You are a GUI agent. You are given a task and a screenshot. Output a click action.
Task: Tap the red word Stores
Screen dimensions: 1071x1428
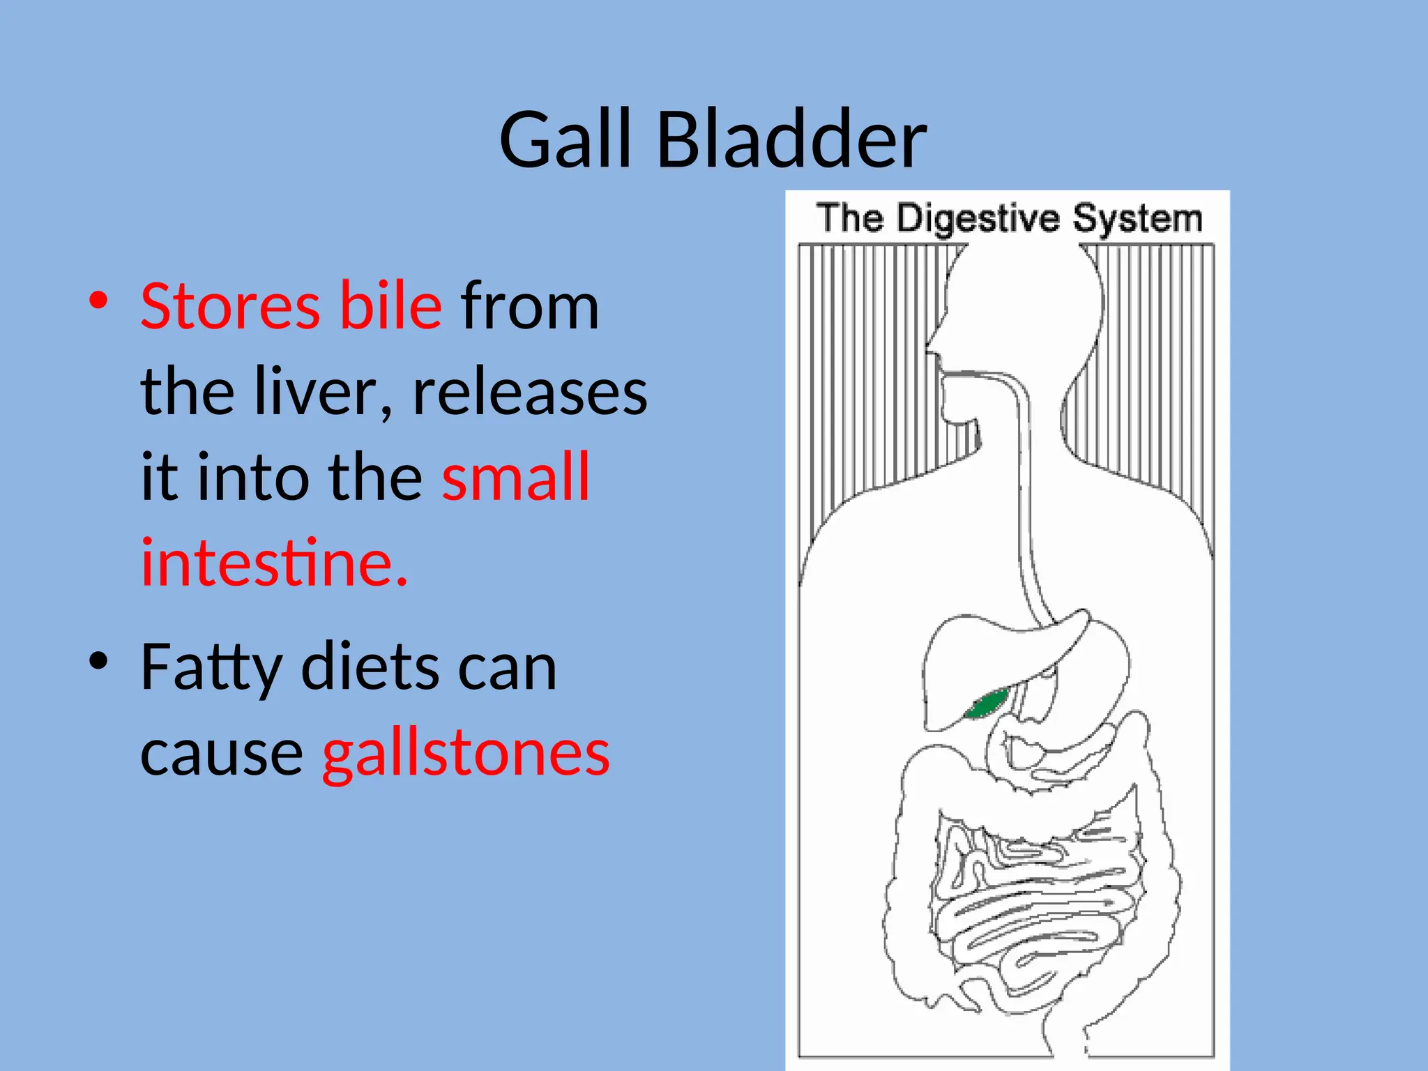click(230, 307)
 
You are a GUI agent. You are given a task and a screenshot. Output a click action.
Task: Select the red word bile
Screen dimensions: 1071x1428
click(390, 307)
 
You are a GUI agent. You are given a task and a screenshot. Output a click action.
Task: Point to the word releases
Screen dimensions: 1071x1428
click(530, 393)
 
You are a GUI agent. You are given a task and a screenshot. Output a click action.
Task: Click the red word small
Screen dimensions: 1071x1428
click(516, 478)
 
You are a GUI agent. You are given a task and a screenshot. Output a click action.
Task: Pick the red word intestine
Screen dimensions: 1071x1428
click(273, 563)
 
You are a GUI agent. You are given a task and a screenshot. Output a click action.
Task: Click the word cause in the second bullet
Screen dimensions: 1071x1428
click(222, 754)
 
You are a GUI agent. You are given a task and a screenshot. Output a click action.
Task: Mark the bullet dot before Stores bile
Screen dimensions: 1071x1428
click(98, 301)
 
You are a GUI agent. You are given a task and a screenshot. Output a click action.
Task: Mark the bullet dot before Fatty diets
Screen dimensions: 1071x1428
click(98, 661)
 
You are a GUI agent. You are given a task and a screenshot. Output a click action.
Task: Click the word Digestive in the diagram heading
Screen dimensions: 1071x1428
click(977, 218)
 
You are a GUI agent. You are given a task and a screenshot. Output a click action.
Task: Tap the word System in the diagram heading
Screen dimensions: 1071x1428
click(1137, 218)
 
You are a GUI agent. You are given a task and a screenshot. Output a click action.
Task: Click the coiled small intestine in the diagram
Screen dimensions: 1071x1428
click(1032, 906)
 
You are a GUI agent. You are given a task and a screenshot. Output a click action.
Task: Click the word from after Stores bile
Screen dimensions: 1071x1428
click(530, 307)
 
